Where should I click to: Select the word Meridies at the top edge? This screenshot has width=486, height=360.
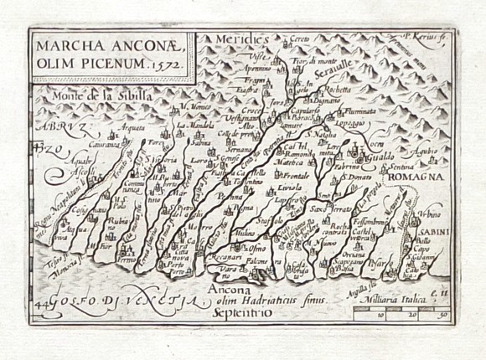[239, 39]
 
